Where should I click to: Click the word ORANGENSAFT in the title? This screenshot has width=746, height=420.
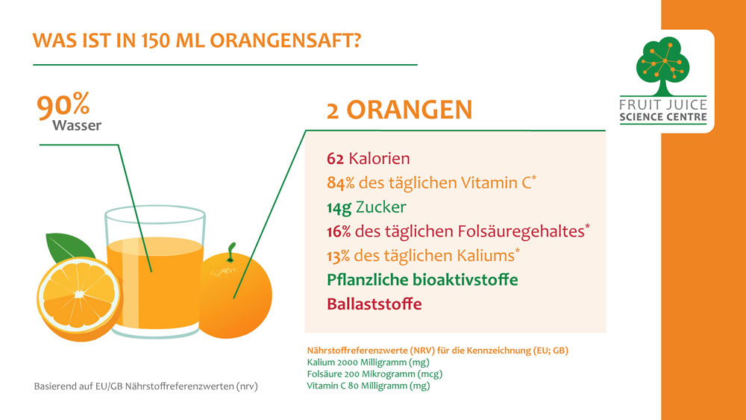tap(286, 40)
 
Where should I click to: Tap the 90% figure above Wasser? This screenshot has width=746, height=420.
tap(63, 106)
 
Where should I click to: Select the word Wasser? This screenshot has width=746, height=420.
tap(77, 125)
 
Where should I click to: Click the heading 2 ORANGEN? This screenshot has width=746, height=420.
tap(399, 110)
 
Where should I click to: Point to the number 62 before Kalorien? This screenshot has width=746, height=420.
tap(335, 158)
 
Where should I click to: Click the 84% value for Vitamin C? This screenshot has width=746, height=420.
tap(341, 183)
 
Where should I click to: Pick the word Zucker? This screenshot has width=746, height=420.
tap(380, 207)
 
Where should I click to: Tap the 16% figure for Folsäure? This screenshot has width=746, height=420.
tap(339, 231)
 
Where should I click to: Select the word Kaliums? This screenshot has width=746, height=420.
tap(486, 255)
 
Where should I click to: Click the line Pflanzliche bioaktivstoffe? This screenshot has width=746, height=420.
tap(422, 280)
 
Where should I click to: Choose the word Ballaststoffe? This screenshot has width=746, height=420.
tap(374, 304)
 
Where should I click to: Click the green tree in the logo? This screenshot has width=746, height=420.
tap(662, 65)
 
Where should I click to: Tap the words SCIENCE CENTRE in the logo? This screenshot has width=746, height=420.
tap(663, 117)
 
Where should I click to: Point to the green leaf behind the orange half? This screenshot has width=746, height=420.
tap(69, 247)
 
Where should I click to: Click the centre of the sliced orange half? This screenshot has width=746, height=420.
tap(79, 295)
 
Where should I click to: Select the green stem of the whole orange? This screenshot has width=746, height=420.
tap(231, 253)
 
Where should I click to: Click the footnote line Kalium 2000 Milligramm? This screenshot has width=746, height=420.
tap(369, 363)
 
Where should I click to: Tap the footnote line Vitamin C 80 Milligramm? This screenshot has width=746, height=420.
tap(369, 385)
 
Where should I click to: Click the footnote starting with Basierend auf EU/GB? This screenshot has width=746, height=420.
tap(145, 386)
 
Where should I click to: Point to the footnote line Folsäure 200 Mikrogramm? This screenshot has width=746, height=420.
tap(374, 374)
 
